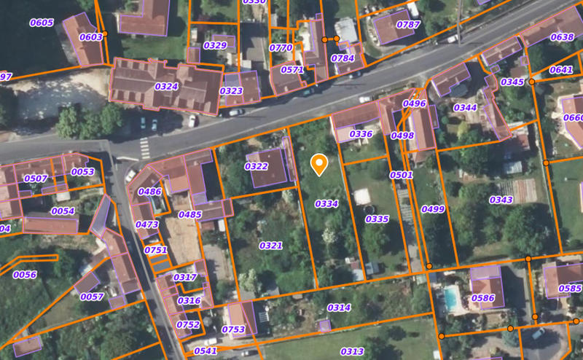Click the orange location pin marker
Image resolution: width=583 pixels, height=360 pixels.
click(318, 164)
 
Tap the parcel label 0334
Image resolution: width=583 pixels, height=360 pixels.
click(326, 203)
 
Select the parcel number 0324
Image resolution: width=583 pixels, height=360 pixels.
click(166, 86)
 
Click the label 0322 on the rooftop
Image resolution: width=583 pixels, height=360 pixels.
click(256, 166)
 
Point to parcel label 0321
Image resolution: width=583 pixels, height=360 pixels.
click(270, 246)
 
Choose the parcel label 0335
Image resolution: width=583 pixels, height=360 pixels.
click(377, 219)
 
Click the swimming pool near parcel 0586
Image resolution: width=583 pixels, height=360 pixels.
click(452, 297)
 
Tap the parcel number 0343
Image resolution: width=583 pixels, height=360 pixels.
click(501, 200)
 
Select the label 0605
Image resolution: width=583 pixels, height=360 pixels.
click(42, 23)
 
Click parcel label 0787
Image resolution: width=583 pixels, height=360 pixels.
click(408, 24)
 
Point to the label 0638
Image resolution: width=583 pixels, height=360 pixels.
click(561, 37)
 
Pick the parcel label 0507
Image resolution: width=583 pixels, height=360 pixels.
click(36, 179)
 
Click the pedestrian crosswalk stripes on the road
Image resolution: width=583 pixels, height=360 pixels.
click(144, 148)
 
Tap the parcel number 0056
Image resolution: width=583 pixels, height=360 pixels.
click(25, 275)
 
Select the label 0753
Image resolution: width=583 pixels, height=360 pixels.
click(233, 329)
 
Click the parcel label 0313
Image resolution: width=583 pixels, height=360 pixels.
click(351, 351)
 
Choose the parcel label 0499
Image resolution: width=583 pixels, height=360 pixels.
click(433, 209)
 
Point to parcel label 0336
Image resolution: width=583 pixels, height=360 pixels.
click(361, 134)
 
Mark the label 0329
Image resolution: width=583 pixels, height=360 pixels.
click(215, 45)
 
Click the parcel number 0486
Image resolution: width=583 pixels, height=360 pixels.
click(149, 192)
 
